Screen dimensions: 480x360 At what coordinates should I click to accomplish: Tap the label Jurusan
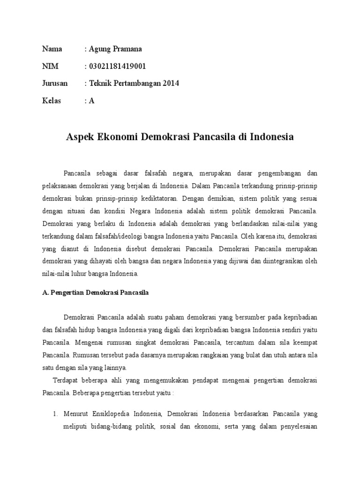point(55,83)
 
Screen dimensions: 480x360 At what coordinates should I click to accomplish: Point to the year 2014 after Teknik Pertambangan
point(171,83)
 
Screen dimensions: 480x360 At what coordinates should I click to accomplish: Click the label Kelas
point(52,101)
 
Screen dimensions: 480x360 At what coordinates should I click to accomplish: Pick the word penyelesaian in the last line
point(298,427)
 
